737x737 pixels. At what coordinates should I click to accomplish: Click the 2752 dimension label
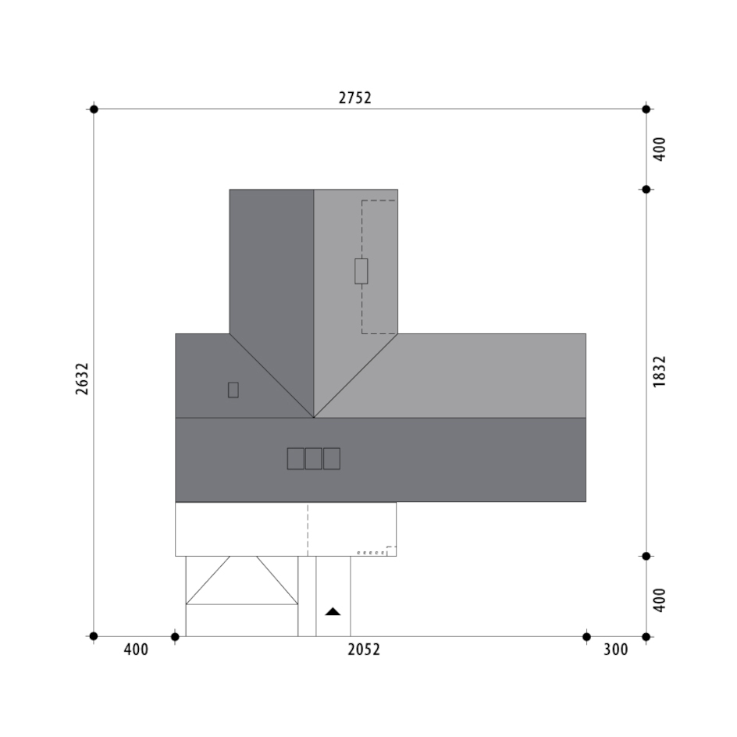(355, 98)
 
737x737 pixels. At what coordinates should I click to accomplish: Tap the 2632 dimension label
(82, 379)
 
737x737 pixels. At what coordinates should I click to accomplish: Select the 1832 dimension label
(660, 372)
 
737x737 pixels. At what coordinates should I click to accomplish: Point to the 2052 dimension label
(364, 650)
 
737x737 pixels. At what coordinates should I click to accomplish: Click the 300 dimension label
(616, 650)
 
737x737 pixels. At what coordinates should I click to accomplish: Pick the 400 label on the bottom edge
(136, 650)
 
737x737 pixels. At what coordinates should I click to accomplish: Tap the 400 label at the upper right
(660, 149)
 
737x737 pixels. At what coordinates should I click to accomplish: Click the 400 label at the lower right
(660, 600)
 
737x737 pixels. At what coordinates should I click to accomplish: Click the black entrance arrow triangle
(333, 611)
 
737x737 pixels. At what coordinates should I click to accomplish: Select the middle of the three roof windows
(314, 459)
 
